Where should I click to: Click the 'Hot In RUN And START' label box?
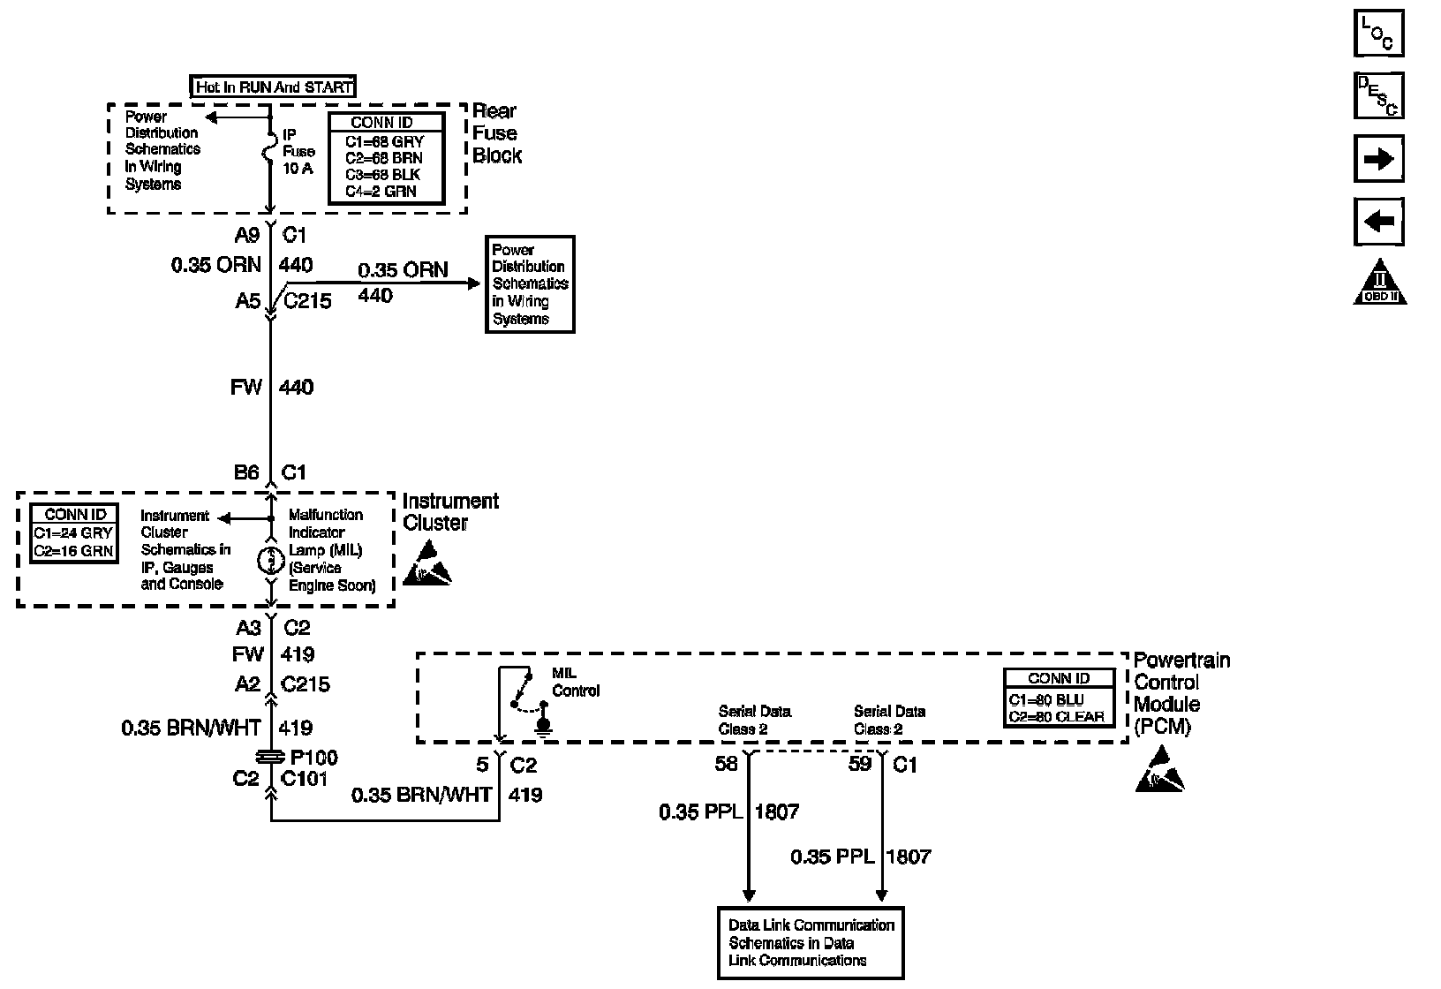coord(273,87)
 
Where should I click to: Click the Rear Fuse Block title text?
coord(496,133)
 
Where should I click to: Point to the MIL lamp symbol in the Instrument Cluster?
coord(271,560)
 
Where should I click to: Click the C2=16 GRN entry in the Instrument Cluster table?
coord(74,551)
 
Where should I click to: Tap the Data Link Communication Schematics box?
coord(811,943)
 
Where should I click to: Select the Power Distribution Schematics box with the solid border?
coord(530,284)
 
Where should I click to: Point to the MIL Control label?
coord(575,682)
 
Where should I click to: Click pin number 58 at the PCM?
coord(726,764)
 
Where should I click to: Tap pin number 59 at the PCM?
coord(860,764)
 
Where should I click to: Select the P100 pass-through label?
coord(313,757)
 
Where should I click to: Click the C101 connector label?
coord(304,779)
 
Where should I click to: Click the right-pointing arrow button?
coord(1378,160)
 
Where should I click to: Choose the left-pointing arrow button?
coord(1378,222)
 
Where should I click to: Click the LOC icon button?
coord(1378,34)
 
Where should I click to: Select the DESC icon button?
coord(1378,95)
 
